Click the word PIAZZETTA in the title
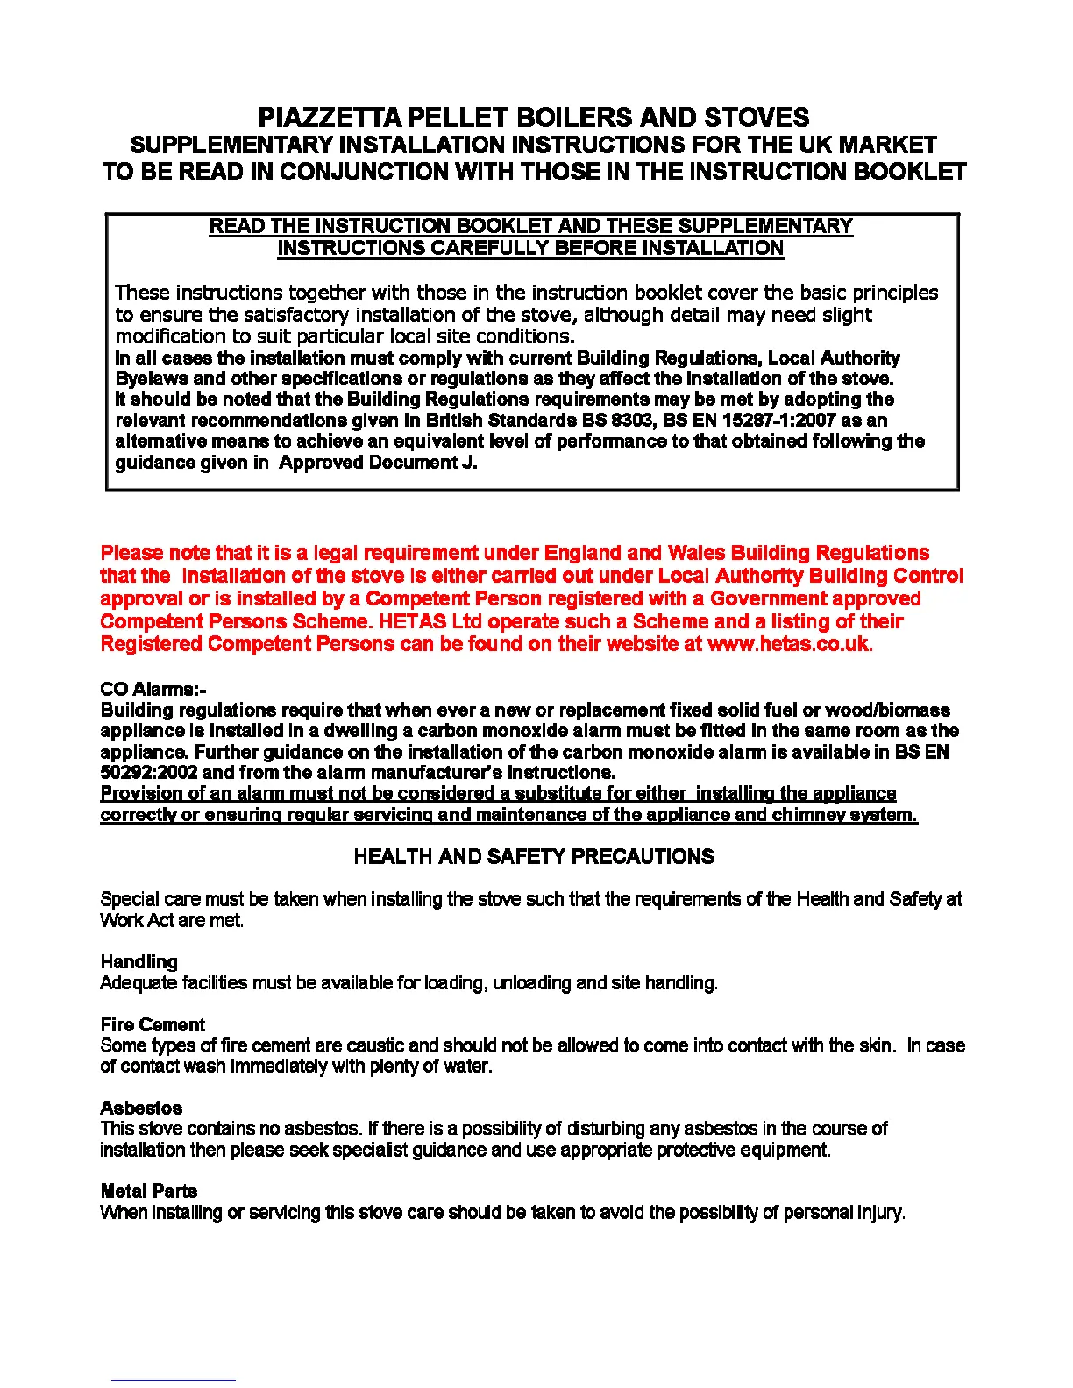(330, 117)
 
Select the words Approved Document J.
(378, 463)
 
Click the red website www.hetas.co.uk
(789, 644)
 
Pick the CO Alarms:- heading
(153, 689)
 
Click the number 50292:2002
(149, 773)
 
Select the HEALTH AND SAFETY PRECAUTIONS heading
(534, 857)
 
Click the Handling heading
(139, 962)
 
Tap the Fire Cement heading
(153, 1024)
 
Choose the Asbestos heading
(141, 1108)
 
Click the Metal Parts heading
(149, 1191)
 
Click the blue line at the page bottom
(173, 1380)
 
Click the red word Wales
(696, 553)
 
